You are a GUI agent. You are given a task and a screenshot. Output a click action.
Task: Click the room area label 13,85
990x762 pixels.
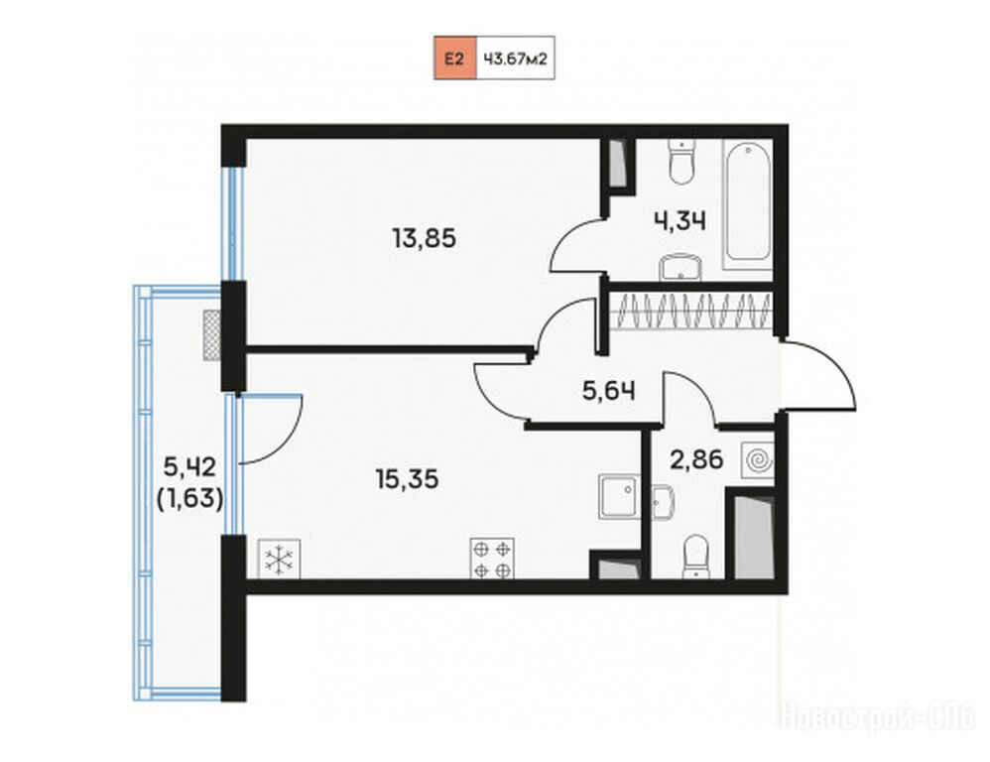point(424,239)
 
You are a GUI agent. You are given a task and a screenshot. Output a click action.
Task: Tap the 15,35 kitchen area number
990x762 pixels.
point(407,479)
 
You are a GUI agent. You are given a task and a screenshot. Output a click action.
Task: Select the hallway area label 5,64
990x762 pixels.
point(609,391)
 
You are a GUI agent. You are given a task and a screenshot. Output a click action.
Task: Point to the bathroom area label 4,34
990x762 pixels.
point(680,221)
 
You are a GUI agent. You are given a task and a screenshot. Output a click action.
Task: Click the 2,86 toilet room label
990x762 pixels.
point(696,459)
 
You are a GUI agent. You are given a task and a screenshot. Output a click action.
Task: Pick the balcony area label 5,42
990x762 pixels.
point(189,467)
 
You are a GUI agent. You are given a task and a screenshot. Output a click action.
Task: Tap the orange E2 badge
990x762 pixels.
point(454,59)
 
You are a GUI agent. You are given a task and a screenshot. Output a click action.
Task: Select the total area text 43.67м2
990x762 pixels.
point(515,59)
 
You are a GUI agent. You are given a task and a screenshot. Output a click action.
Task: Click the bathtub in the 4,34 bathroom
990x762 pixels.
point(748,205)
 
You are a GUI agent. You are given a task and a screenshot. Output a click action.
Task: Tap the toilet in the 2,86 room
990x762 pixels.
point(695,557)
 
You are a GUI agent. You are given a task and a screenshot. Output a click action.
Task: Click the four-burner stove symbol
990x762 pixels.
point(492,558)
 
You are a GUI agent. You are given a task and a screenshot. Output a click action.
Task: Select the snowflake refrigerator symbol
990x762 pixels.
point(279,560)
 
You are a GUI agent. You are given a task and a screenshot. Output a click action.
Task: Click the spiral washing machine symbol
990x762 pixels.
point(758,460)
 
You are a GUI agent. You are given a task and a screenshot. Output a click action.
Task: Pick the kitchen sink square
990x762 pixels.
point(619,496)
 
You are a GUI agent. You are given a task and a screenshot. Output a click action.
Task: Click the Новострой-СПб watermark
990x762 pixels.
point(878,718)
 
